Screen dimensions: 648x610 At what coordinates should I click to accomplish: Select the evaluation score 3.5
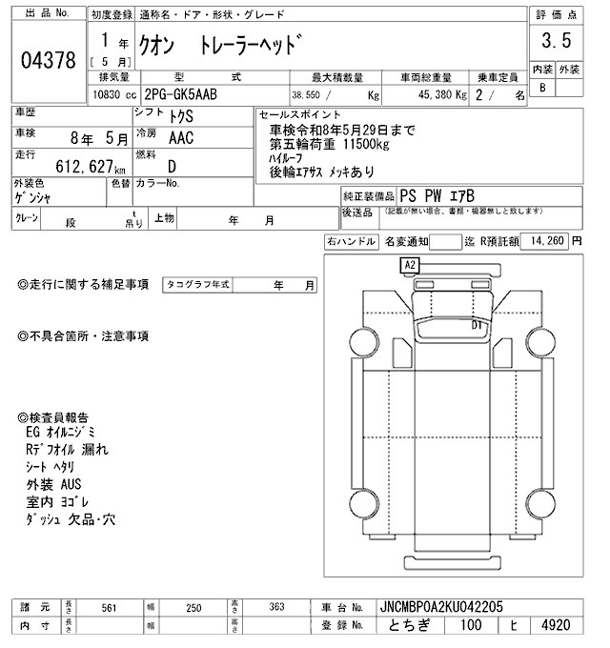(556, 41)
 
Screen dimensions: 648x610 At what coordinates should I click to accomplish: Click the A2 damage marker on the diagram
(410, 264)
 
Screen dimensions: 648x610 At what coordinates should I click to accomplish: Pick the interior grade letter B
(543, 88)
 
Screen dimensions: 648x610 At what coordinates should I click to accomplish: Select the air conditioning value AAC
(181, 138)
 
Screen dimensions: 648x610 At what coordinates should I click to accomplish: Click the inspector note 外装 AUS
(55, 484)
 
